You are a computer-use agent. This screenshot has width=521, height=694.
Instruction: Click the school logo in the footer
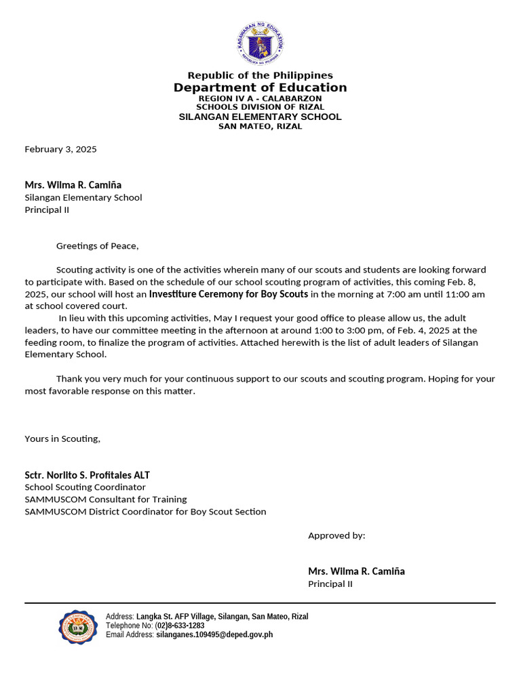click(77, 626)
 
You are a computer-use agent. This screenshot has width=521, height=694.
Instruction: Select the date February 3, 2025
click(61, 149)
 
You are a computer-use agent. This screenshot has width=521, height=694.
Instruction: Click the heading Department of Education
click(260, 87)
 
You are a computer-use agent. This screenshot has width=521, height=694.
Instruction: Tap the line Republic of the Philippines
click(260, 75)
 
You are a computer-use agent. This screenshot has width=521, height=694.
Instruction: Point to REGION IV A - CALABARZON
click(260, 98)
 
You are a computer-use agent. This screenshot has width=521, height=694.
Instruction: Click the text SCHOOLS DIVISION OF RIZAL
click(260, 107)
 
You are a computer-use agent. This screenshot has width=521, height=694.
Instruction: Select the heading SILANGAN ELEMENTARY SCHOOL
click(260, 117)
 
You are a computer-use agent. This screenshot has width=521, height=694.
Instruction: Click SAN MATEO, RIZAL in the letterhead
click(260, 126)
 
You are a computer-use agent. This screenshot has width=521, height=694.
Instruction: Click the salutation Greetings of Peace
click(97, 246)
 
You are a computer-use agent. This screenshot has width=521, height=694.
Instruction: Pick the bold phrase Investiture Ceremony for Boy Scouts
click(229, 294)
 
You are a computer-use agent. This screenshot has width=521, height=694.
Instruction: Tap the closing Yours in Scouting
click(62, 438)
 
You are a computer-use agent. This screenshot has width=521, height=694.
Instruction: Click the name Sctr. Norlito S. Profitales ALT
click(88, 475)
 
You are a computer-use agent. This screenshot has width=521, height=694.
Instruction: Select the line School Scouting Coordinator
click(85, 487)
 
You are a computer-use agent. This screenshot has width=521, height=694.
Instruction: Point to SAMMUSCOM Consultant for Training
click(106, 499)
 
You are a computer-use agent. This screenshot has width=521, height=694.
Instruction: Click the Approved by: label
click(336, 535)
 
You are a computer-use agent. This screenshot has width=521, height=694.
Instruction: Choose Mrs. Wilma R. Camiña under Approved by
click(356, 571)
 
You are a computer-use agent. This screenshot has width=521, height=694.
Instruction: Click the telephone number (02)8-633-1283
click(180, 626)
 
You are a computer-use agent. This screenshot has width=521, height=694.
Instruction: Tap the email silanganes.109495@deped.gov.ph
click(214, 635)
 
